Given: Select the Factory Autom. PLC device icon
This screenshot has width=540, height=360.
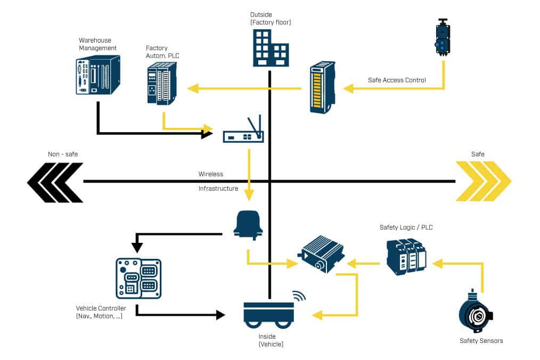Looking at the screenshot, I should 162,83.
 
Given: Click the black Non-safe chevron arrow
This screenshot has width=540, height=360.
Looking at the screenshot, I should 55,182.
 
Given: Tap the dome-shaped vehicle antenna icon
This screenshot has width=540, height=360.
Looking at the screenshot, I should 248,224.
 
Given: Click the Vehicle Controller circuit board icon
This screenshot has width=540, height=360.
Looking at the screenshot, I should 138,278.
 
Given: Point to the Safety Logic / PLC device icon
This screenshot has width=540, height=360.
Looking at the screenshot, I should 406,257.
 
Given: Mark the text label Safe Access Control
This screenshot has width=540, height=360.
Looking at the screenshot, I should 397,80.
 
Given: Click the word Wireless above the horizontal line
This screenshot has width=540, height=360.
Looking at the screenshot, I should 211,174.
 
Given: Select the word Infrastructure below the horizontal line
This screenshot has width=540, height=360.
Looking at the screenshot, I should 218,189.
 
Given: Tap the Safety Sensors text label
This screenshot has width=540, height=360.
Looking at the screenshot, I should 481,341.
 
